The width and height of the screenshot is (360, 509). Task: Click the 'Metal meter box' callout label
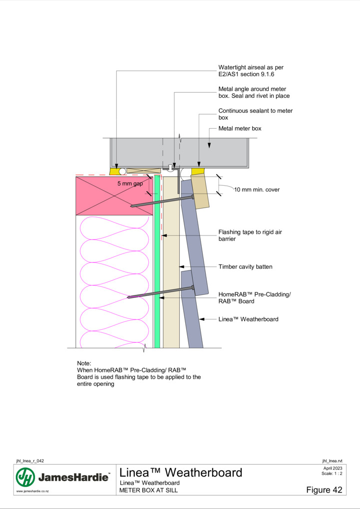click(240, 129)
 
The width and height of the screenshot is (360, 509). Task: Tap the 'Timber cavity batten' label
click(245, 267)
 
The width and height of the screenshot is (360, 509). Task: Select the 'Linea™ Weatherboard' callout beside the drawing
click(248, 319)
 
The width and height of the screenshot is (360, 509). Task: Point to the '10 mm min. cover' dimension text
click(257, 190)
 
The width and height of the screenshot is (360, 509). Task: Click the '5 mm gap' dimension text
click(130, 184)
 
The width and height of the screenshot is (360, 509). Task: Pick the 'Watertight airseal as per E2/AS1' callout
click(251, 71)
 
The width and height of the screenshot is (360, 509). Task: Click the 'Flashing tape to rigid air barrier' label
click(250, 236)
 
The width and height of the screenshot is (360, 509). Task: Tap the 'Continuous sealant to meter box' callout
click(255, 114)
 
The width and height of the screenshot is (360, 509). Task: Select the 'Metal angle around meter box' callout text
click(254, 92)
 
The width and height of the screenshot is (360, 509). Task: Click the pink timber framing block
click(114, 196)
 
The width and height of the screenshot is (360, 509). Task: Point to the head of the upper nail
click(193, 197)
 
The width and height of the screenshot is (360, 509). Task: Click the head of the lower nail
click(193, 287)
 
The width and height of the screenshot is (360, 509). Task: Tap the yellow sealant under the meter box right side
click(198, 171)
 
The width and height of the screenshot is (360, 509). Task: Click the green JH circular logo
click(25, 477)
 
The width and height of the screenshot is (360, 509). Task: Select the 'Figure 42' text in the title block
click(324, 490)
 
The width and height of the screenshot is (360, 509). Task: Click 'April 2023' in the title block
click(333, 468)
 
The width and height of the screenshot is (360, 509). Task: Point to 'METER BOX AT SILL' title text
click(148, 490)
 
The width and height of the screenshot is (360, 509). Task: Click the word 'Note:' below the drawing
click(84, 363)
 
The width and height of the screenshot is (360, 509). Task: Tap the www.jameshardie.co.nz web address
click(32, 491)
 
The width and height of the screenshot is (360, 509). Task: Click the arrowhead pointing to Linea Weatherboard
click(202, 319)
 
